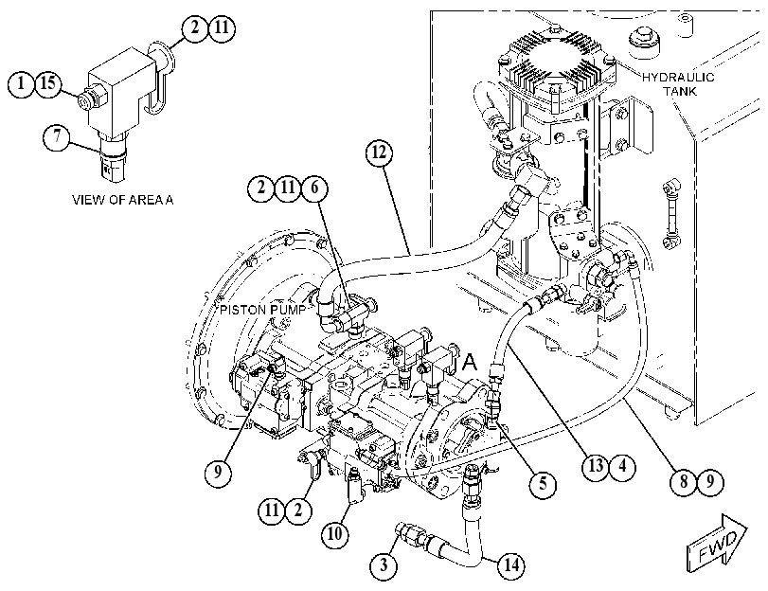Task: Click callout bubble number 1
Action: pos(21,83)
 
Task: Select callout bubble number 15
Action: pos(48,83)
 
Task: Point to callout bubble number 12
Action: pos(379,153)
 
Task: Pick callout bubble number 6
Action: pos(314,188)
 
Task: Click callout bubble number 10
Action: pos(334,533)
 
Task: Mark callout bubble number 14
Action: pos(510,565)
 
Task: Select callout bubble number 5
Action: pos(543,484)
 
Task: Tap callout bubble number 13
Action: pos(596,466)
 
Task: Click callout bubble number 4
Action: pos(622,466)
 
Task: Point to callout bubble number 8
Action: pos(684,482)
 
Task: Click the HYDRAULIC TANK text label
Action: pos(678,83)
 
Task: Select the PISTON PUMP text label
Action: pos(262,311)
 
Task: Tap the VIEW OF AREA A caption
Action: pos(123,200)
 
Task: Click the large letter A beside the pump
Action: pos(470,362)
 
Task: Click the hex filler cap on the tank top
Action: pos(643,39)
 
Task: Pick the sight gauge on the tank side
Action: pos(670,213)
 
